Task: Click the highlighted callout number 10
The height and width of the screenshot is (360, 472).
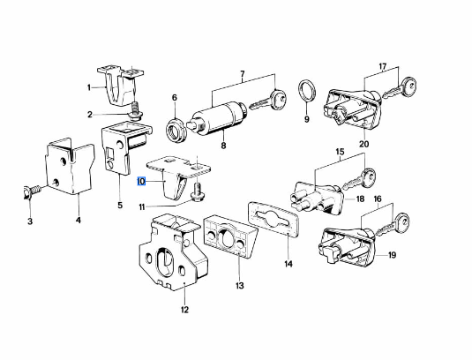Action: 141,181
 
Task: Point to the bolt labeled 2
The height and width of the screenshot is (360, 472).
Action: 137,110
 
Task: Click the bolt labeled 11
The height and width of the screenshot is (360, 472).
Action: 198,193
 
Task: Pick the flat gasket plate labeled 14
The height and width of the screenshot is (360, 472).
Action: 273,223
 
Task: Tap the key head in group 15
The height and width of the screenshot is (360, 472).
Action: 369,176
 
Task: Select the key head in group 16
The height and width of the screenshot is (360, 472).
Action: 401,222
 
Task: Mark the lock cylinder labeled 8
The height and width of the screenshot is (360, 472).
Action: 218,117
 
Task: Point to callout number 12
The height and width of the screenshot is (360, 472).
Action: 184,310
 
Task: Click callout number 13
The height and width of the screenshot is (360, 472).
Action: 240,285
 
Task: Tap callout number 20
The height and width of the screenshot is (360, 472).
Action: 364,144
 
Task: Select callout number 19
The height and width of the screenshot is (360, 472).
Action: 392,255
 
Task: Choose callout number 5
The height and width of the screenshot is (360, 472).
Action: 120,206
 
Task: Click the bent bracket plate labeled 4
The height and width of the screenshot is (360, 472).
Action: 70,166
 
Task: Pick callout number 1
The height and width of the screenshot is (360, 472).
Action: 89,87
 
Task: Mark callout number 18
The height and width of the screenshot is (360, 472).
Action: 360,199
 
